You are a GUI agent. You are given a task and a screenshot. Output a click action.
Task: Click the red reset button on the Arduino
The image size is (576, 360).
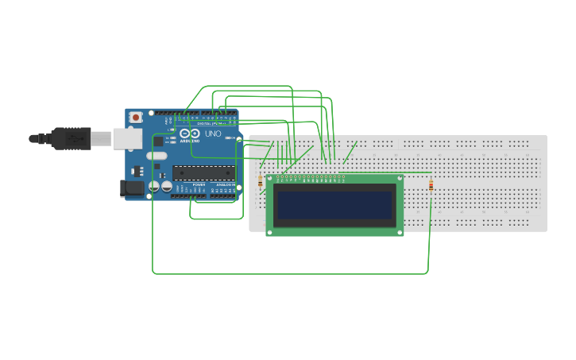tap(136, 118)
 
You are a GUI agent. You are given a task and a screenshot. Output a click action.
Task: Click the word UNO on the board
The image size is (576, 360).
tap(213, 134)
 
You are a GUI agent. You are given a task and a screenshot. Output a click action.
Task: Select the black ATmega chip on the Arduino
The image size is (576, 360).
tap(204, 172)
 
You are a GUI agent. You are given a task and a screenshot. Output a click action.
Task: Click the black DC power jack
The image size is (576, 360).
tap(131, 188)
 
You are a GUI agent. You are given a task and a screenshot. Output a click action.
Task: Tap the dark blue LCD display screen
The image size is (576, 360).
tap(334, 205)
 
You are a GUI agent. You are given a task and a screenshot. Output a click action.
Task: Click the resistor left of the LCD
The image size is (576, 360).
tap(261, 183)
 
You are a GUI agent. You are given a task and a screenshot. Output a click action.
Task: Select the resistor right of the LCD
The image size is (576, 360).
tap(431, 186)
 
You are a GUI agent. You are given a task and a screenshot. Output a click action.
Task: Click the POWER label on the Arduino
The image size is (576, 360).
tap(199, 185)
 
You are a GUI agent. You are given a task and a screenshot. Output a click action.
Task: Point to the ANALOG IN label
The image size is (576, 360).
tap(225, 185)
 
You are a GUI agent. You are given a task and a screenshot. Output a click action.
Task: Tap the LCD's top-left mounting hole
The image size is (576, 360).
tap(269, 179)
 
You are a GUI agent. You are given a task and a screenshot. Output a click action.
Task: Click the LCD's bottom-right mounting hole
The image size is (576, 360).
tap(400, 232)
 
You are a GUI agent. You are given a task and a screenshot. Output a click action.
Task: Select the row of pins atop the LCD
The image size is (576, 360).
tap(316, 177)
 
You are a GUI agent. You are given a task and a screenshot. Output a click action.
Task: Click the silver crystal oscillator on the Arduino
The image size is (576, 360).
tap(157, 156)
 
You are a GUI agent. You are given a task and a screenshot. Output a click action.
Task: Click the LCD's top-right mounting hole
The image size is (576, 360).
tap(400, 179)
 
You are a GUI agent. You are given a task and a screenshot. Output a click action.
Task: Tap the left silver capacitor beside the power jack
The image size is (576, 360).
tap(155, 187)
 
